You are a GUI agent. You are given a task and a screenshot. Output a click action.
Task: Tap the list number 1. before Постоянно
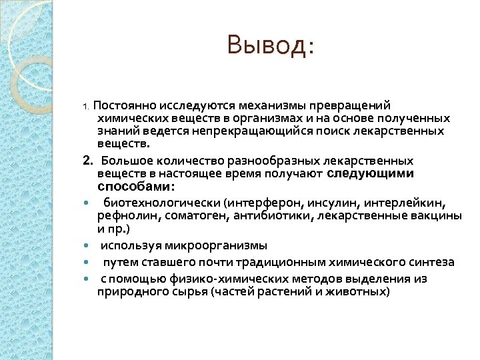85,106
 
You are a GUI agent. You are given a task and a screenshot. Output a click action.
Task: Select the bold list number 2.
87,161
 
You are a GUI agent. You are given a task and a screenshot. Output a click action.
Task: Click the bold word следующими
371,173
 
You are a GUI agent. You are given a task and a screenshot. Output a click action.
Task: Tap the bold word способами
135,186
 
